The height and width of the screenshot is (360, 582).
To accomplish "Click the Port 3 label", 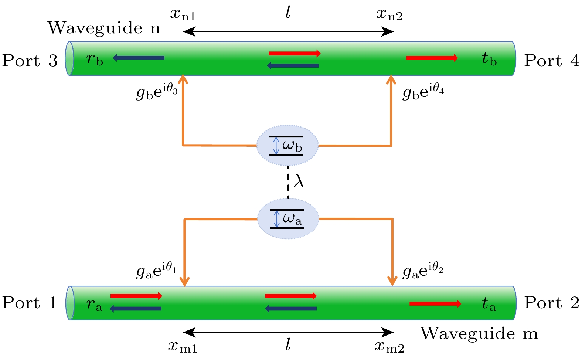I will (30, 61).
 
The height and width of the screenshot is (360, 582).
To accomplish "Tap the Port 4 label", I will (552, 61).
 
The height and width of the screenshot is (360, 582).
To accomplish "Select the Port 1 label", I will (30, 303).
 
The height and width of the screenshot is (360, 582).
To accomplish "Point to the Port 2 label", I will (552, 303).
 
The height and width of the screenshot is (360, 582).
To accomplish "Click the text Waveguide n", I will (104, 28).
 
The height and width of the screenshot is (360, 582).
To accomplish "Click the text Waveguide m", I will (479, 333).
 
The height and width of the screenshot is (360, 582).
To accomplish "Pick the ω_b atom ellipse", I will (287, 146).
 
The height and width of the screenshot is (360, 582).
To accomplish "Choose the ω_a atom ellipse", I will (288, 219).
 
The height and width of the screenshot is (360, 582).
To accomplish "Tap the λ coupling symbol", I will (299, 181).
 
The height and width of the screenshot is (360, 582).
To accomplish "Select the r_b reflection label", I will (95, 59).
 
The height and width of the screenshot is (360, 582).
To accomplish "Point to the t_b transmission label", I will (489, 59).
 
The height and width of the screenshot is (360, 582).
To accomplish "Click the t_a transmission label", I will (489, 304).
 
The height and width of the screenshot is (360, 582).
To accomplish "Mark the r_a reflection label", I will (94, 305).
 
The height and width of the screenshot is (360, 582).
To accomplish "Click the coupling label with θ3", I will (157, 92).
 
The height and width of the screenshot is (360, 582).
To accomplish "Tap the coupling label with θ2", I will (423, 271).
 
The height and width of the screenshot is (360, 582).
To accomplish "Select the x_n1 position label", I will (183, 15).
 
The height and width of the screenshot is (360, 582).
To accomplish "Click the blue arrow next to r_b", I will (138, 58).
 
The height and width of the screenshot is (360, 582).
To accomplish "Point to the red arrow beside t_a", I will (435, 304).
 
